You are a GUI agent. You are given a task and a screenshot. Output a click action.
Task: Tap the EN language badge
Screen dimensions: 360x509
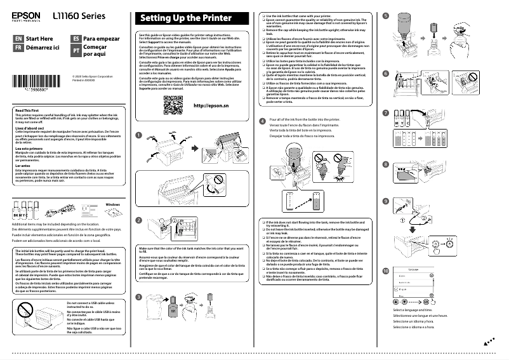18,39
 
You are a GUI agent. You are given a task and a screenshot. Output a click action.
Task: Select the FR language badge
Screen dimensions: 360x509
18,48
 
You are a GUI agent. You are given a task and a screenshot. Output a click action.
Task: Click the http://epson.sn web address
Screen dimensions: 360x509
209,105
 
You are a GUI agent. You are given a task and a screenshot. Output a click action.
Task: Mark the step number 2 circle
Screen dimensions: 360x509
139,220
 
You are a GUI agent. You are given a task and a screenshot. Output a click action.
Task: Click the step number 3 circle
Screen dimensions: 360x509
139,298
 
